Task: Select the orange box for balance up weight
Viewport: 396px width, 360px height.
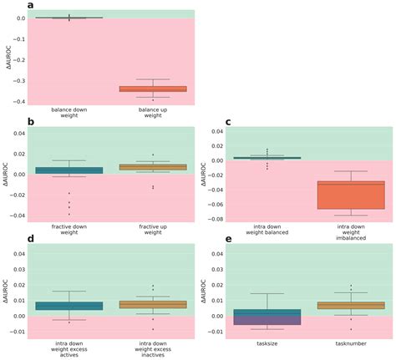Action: coord(153,89)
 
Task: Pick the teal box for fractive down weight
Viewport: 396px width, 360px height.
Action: coord(69,170)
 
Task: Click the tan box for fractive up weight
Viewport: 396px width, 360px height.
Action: coord(153,167)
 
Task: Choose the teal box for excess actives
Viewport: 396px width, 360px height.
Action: coord(69,306)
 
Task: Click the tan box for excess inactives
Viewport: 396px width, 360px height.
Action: coord(153,305)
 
